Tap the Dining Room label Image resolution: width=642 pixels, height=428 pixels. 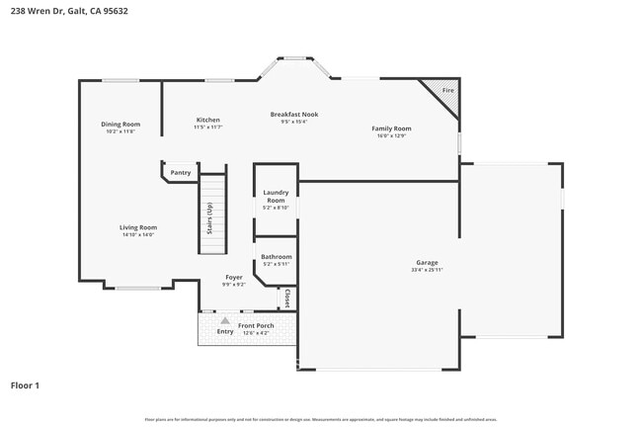pyautogui.click(x=120, y=125)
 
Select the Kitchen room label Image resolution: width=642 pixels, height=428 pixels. pyautogui.click(x=207, y=120)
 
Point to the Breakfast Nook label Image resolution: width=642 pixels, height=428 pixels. pyautogui.click(x=293, y=115)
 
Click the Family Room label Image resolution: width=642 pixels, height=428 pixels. pyautogui.click(x=391, y=128)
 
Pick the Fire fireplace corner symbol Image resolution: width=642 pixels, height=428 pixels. pyautogui.click(x=446, y=91)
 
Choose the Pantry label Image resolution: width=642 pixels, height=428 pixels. pyautogui.click(x=181, y=173)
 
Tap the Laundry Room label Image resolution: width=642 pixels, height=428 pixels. pyautogui.click(x=276, y=197)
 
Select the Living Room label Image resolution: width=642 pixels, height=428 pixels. pyautogui.click(x=138, y=227)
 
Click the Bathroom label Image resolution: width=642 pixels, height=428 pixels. pyautogui.click(x=276, y=257)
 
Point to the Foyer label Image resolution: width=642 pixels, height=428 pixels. pyautogui.click(x=234, y=278)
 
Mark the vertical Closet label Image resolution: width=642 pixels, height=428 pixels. pyautogui.click(x=287, y=297)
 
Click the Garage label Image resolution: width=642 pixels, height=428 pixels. pyautogui.click(x=427, y=262)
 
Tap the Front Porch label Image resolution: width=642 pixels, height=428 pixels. pyautogui.click(x=256, y=325)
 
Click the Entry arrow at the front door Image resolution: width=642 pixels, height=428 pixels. pyautogui.click(x=225, y=321)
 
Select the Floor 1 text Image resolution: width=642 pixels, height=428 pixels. pyautogui.click(x=26, y=385)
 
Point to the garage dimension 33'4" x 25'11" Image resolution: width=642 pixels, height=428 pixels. pyautogui.click(x=427, y=270)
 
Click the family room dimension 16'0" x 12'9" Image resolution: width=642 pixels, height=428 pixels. pyautogui.click(x=391, y=136)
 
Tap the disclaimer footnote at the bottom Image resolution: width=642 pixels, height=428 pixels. pyautogui.click(x=321, y=419)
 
